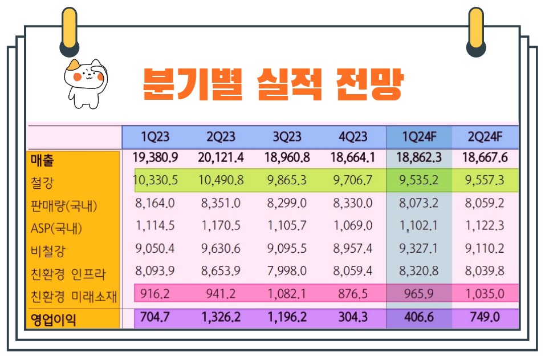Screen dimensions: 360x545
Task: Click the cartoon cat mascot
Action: click(x=86, y=82)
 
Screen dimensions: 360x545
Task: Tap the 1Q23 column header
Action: click(x=155, y=137)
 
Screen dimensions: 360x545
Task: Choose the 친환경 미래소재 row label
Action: click(x=74, y=296)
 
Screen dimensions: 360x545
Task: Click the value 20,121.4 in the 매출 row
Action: click(x=221, y=158)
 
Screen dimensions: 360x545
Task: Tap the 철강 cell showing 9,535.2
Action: click(x=419, y=181)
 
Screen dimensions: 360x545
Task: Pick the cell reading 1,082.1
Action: click(x=286, y=294)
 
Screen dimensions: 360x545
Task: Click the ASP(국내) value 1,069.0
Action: click(x=353, y=226)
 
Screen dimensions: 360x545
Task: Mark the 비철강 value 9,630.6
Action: click(x=221, y=249)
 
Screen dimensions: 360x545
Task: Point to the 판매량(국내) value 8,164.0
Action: click(x=155, y=204)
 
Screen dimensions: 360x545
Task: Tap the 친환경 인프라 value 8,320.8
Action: click(x=419, y=272)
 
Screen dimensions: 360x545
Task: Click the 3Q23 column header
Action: click(x=286, y=137)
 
